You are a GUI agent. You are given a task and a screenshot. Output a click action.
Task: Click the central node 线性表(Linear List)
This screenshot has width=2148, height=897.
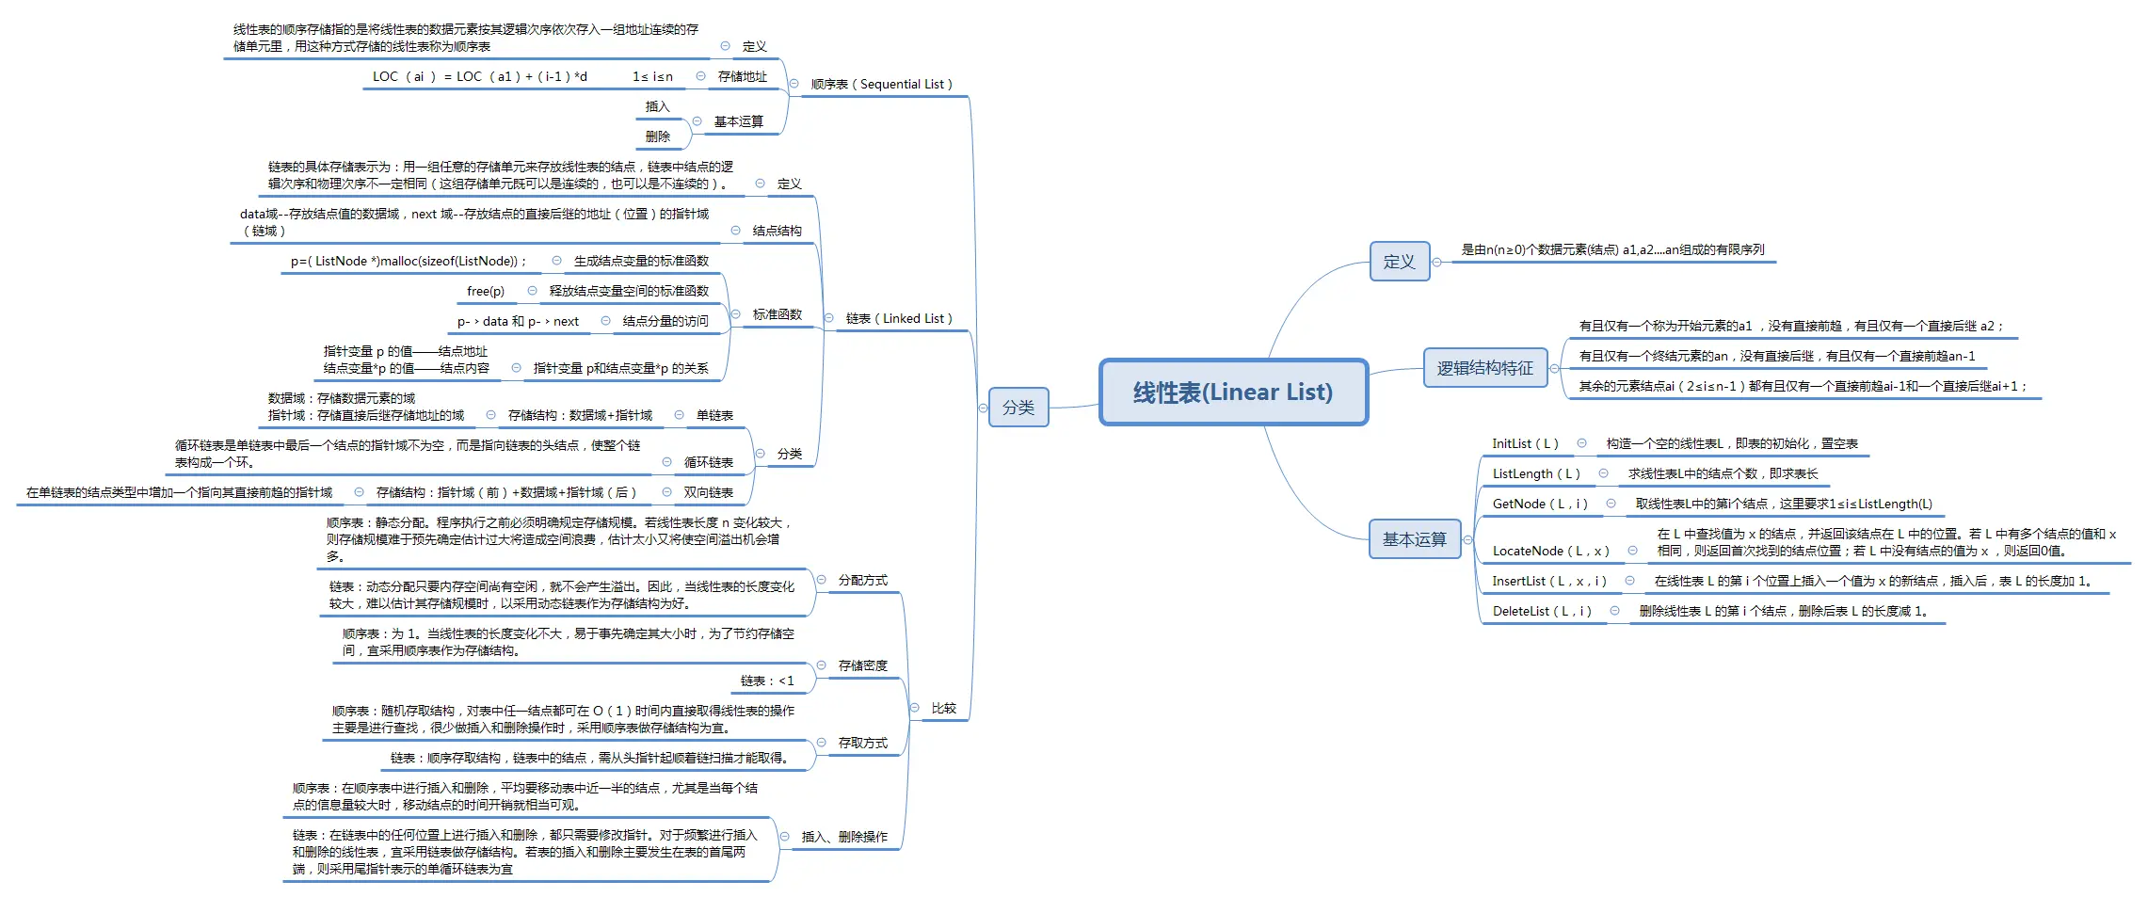click(x=1233, y=392)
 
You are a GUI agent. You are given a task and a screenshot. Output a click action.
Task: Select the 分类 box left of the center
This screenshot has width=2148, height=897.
click(x=1018, y=408)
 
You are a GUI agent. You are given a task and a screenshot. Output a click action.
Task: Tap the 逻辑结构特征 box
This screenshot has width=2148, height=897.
click(x=1484, y=368)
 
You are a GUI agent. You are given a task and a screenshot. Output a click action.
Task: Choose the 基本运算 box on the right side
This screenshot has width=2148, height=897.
click(x=1414, y=539)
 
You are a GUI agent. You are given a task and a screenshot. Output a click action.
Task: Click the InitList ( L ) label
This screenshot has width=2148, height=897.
click(x=1525, y=444)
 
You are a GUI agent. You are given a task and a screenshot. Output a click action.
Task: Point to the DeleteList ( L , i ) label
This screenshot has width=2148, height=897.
click(x=1542, y=612)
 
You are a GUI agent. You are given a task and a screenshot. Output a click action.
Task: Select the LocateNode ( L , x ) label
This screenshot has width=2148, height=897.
click(x=1550, y=552)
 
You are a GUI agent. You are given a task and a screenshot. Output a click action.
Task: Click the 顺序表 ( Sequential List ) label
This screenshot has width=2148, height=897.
click(x=881, y=85)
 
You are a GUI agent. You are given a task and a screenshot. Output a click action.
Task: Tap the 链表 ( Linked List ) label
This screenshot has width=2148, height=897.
click(x=899, y=319)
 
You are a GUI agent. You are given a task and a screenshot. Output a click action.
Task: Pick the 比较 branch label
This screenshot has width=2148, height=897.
click(x=943, y=709)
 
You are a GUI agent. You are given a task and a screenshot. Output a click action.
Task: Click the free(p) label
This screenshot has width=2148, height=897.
click(x=486, y=292)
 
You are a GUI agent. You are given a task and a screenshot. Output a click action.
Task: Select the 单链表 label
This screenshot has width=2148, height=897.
click(x=714, y=416)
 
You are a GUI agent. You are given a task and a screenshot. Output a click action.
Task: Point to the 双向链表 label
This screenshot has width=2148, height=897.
click(x=708, y=493)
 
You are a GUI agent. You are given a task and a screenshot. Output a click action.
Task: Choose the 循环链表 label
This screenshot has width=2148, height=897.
click(x=708, y=463)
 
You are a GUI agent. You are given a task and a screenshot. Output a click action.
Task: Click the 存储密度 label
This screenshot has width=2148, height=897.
click(x=862, y=666)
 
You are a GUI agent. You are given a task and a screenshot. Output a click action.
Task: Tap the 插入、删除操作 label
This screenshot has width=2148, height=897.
click(x=843, y=837)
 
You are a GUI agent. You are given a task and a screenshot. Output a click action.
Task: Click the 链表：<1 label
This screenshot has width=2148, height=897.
click(x=767, y=681)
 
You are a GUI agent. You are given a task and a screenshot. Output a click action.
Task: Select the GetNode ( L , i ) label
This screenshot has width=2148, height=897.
click(x=1540, y=505)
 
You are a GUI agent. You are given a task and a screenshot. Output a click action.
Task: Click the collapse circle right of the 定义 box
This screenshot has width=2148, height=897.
click(x=1437, y=263)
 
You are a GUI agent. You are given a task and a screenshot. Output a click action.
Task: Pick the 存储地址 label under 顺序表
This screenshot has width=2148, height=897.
click(x=742, y=77)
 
